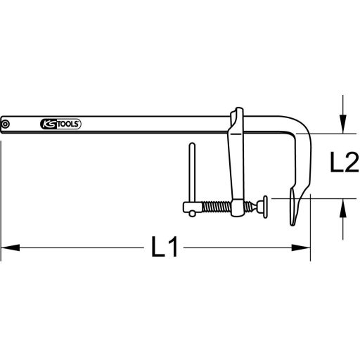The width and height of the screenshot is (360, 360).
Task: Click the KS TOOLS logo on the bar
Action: tap(61, 125)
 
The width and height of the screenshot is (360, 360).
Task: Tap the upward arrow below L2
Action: tap(342, 207)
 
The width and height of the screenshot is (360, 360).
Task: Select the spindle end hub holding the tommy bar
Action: tap(189, 207)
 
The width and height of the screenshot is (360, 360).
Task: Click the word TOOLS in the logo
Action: tap(70, 125)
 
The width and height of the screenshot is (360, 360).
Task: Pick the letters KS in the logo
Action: tap(50, 125)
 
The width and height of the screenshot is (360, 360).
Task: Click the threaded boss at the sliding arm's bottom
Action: tap(238, 207)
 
